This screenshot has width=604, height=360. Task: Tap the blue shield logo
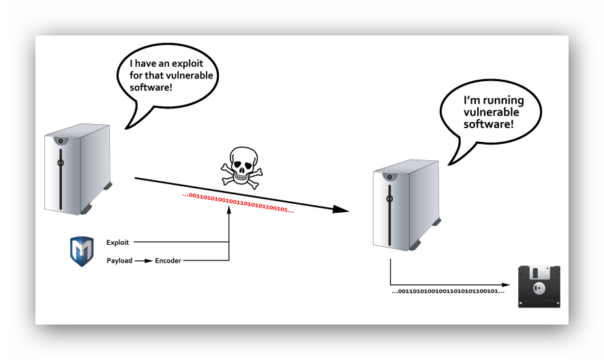[x=82, y=251]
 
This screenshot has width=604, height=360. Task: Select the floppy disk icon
[x=539, y=286]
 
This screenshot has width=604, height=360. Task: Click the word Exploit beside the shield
[x=117, y=242]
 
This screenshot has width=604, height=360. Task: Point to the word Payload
[x=119, y=260]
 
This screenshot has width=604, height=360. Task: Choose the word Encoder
[x=168, y=260]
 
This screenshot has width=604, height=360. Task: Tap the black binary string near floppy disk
[x=448, y=291]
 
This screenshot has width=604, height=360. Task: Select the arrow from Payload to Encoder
[x=142, y=260]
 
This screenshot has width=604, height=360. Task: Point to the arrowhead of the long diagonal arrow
[x=341, y=209]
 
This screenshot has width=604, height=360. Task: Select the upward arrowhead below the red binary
[x=229, y=211]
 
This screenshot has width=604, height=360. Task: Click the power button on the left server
[x=60, y=163]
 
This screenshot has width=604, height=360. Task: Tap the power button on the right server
[x=389, y=198]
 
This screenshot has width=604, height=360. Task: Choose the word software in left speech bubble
[x=149, y=88]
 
